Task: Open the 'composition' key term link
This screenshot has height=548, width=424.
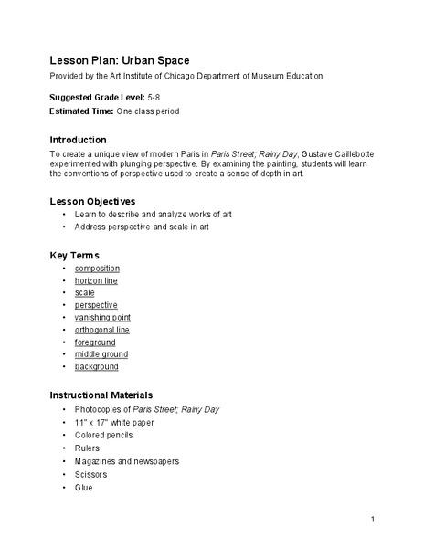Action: point(97,269)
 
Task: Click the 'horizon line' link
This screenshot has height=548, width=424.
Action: point(97,280)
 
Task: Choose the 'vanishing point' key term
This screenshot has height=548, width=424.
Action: point(102,317)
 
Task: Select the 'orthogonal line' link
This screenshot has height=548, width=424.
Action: point(102,330)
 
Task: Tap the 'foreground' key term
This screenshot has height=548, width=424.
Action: point(96,342)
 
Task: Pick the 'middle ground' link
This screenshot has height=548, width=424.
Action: point(101,354)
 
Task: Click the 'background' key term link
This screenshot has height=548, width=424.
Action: point(97,366)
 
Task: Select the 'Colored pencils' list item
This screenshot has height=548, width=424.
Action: point(103,436)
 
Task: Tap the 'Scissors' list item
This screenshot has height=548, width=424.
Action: point(90,474)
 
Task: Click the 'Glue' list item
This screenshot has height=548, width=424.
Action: point(83,487)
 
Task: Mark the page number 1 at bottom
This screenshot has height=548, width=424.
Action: point(374,520)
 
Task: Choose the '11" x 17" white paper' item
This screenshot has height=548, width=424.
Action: point(115,423)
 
